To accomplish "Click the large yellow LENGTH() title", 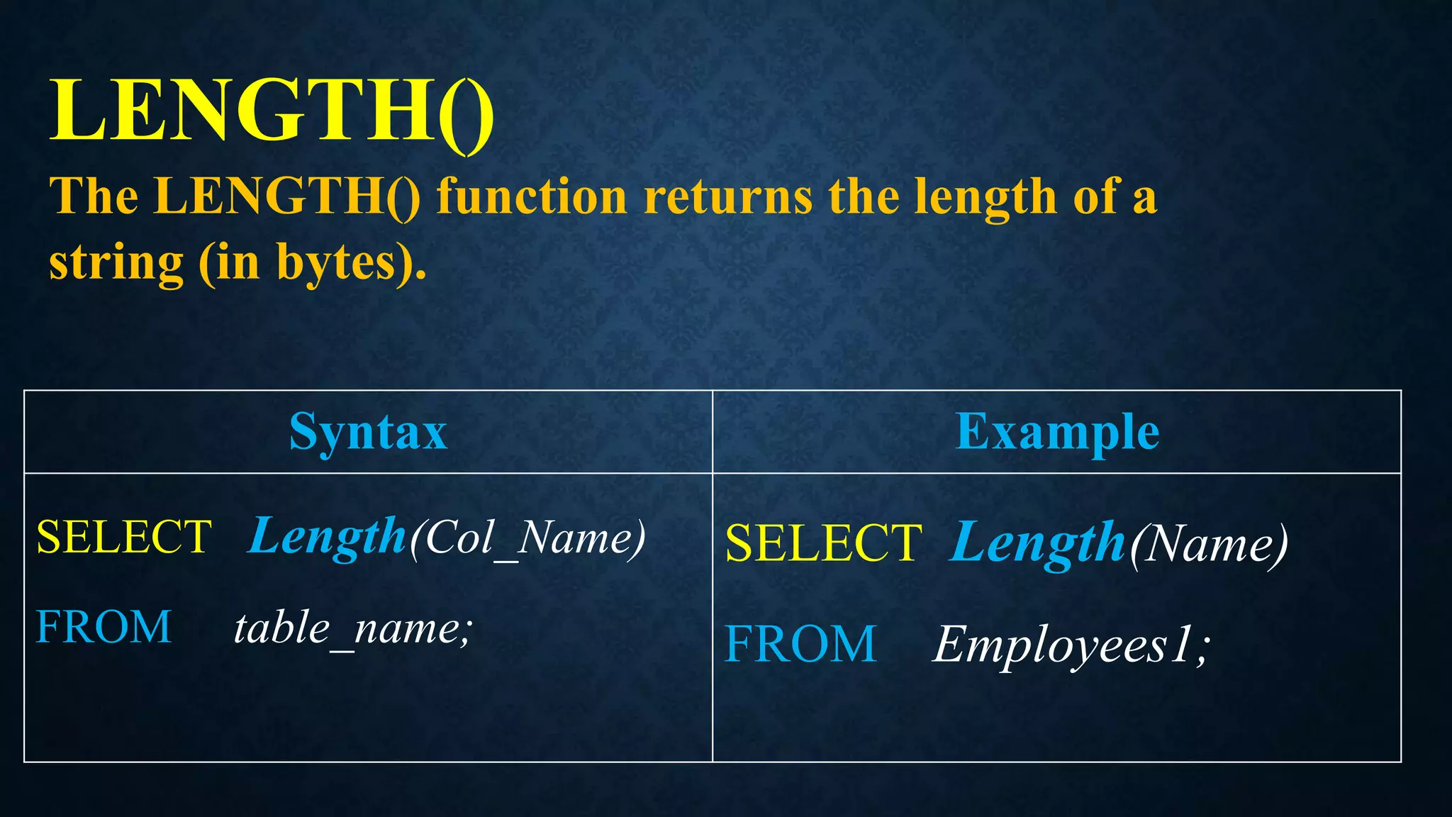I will click(x=271, y=112).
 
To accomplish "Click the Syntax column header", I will click(x=368, y=431).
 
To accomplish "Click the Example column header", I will click(x=1057, y=431).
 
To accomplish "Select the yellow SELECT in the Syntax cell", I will click(x=124, y=537).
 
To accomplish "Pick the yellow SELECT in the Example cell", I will click(x=823, y=543).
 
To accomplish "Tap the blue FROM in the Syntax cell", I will click(x=104, y=627).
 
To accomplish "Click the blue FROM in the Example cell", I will click(x=800, y=644).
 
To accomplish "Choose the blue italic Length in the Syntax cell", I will click(x=327, y=537).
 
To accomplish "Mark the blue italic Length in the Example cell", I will click(x=1037, y=543).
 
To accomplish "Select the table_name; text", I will click(x=352, y=628).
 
